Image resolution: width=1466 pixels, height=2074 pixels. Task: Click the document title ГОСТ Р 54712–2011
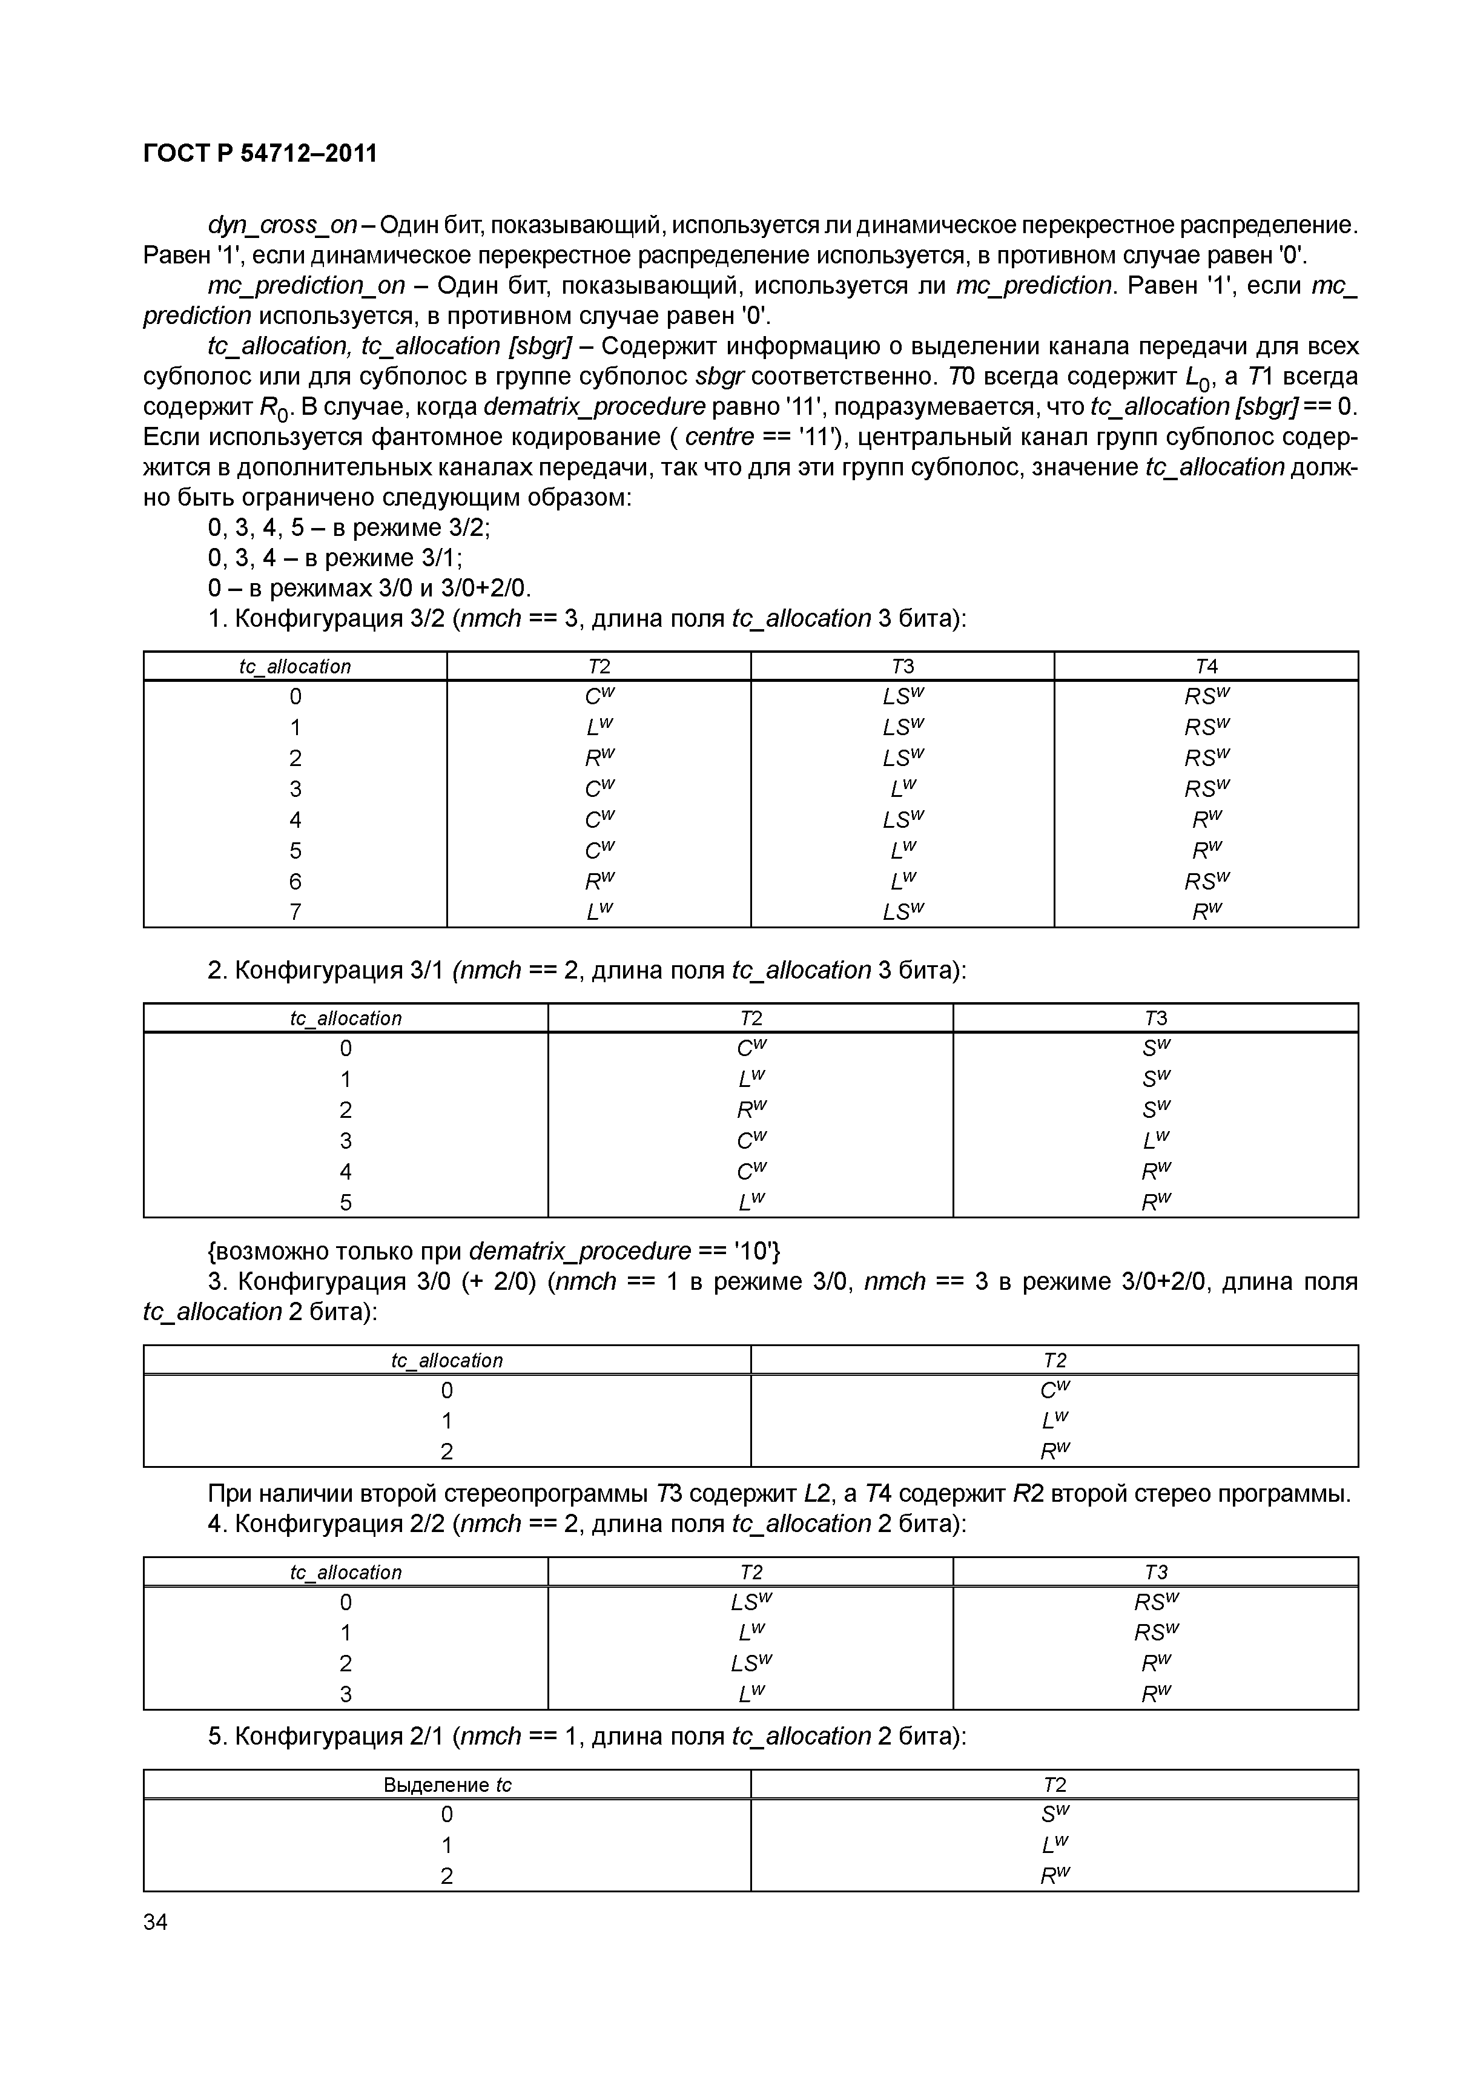[260, 154]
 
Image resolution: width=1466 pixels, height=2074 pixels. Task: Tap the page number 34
[156, 1922]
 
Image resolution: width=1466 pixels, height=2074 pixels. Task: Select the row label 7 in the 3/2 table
[296, 911]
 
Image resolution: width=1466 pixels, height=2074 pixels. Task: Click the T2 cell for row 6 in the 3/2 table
[599, 880]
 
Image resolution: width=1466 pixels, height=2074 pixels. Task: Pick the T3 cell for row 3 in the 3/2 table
[902, 788]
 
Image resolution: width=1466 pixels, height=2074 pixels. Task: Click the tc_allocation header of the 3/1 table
[345, 1018]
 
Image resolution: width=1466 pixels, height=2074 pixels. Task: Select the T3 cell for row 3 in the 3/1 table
[1155, 1140]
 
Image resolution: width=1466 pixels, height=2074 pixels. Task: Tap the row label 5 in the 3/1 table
[345, 1202]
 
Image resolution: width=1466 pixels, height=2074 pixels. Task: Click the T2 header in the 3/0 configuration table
[1054, 1361]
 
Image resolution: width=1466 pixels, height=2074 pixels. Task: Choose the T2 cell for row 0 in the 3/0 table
[1054, 1390]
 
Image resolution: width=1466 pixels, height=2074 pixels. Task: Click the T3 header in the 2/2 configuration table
[1155, 1572]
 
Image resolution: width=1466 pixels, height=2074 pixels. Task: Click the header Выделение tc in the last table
[447, 1785]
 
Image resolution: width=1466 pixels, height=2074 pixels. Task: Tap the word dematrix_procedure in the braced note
[580, 1251]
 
